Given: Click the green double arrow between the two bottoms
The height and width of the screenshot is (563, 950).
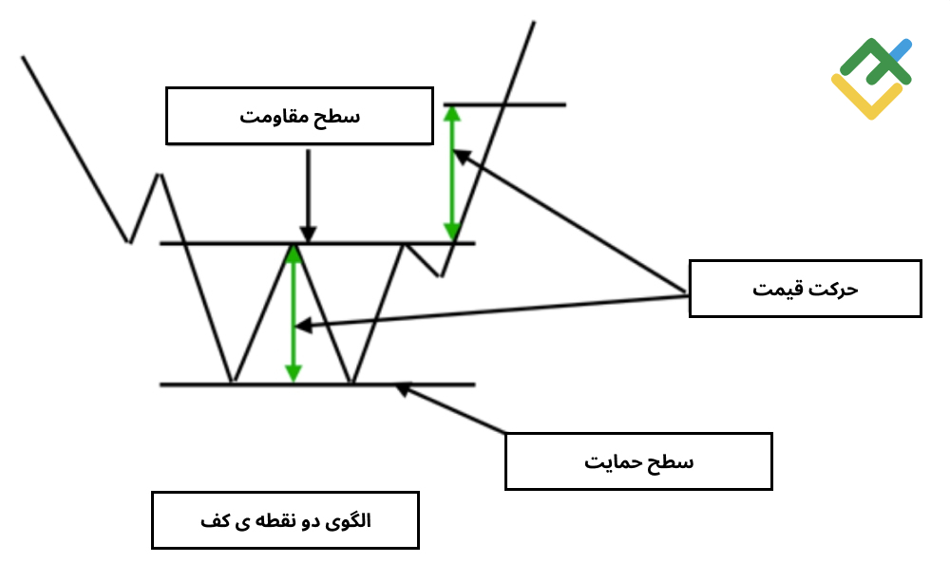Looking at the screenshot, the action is point(294,314).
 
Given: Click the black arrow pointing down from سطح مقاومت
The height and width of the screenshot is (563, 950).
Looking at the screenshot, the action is point(309,196).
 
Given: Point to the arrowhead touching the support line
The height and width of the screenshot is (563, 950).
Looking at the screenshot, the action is point(403,390).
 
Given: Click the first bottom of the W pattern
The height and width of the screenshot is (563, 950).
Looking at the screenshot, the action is point(232,382).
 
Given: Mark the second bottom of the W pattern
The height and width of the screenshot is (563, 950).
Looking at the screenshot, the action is point(351,382).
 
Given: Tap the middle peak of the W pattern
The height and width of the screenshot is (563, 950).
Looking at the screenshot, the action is point(294,246).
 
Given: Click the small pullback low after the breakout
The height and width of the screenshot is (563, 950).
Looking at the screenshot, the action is point(441,275).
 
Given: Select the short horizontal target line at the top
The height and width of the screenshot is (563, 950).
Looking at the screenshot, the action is point(504,104).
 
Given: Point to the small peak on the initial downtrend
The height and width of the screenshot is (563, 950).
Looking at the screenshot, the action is point(160,176).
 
